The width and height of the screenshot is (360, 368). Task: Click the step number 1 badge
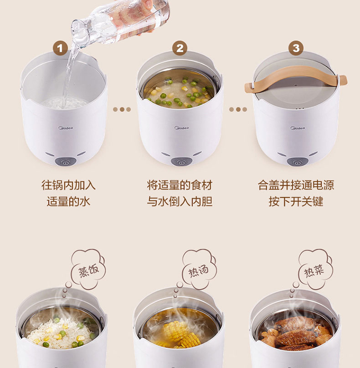(60, 49)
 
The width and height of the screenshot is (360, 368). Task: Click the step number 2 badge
(180, 48)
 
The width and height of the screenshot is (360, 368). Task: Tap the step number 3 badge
(296, 48)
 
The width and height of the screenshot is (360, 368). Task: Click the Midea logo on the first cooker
(65, 128)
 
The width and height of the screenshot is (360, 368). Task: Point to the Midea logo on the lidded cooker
(298, 128)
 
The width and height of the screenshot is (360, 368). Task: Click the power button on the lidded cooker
(297, 162)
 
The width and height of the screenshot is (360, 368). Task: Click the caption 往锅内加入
(69, 185)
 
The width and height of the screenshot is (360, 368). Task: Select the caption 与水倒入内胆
(180, 202)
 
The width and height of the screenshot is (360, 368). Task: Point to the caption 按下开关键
(296, 202)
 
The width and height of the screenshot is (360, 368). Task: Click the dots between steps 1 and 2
(122, 110)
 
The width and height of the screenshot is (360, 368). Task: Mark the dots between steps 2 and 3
(238, 110)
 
